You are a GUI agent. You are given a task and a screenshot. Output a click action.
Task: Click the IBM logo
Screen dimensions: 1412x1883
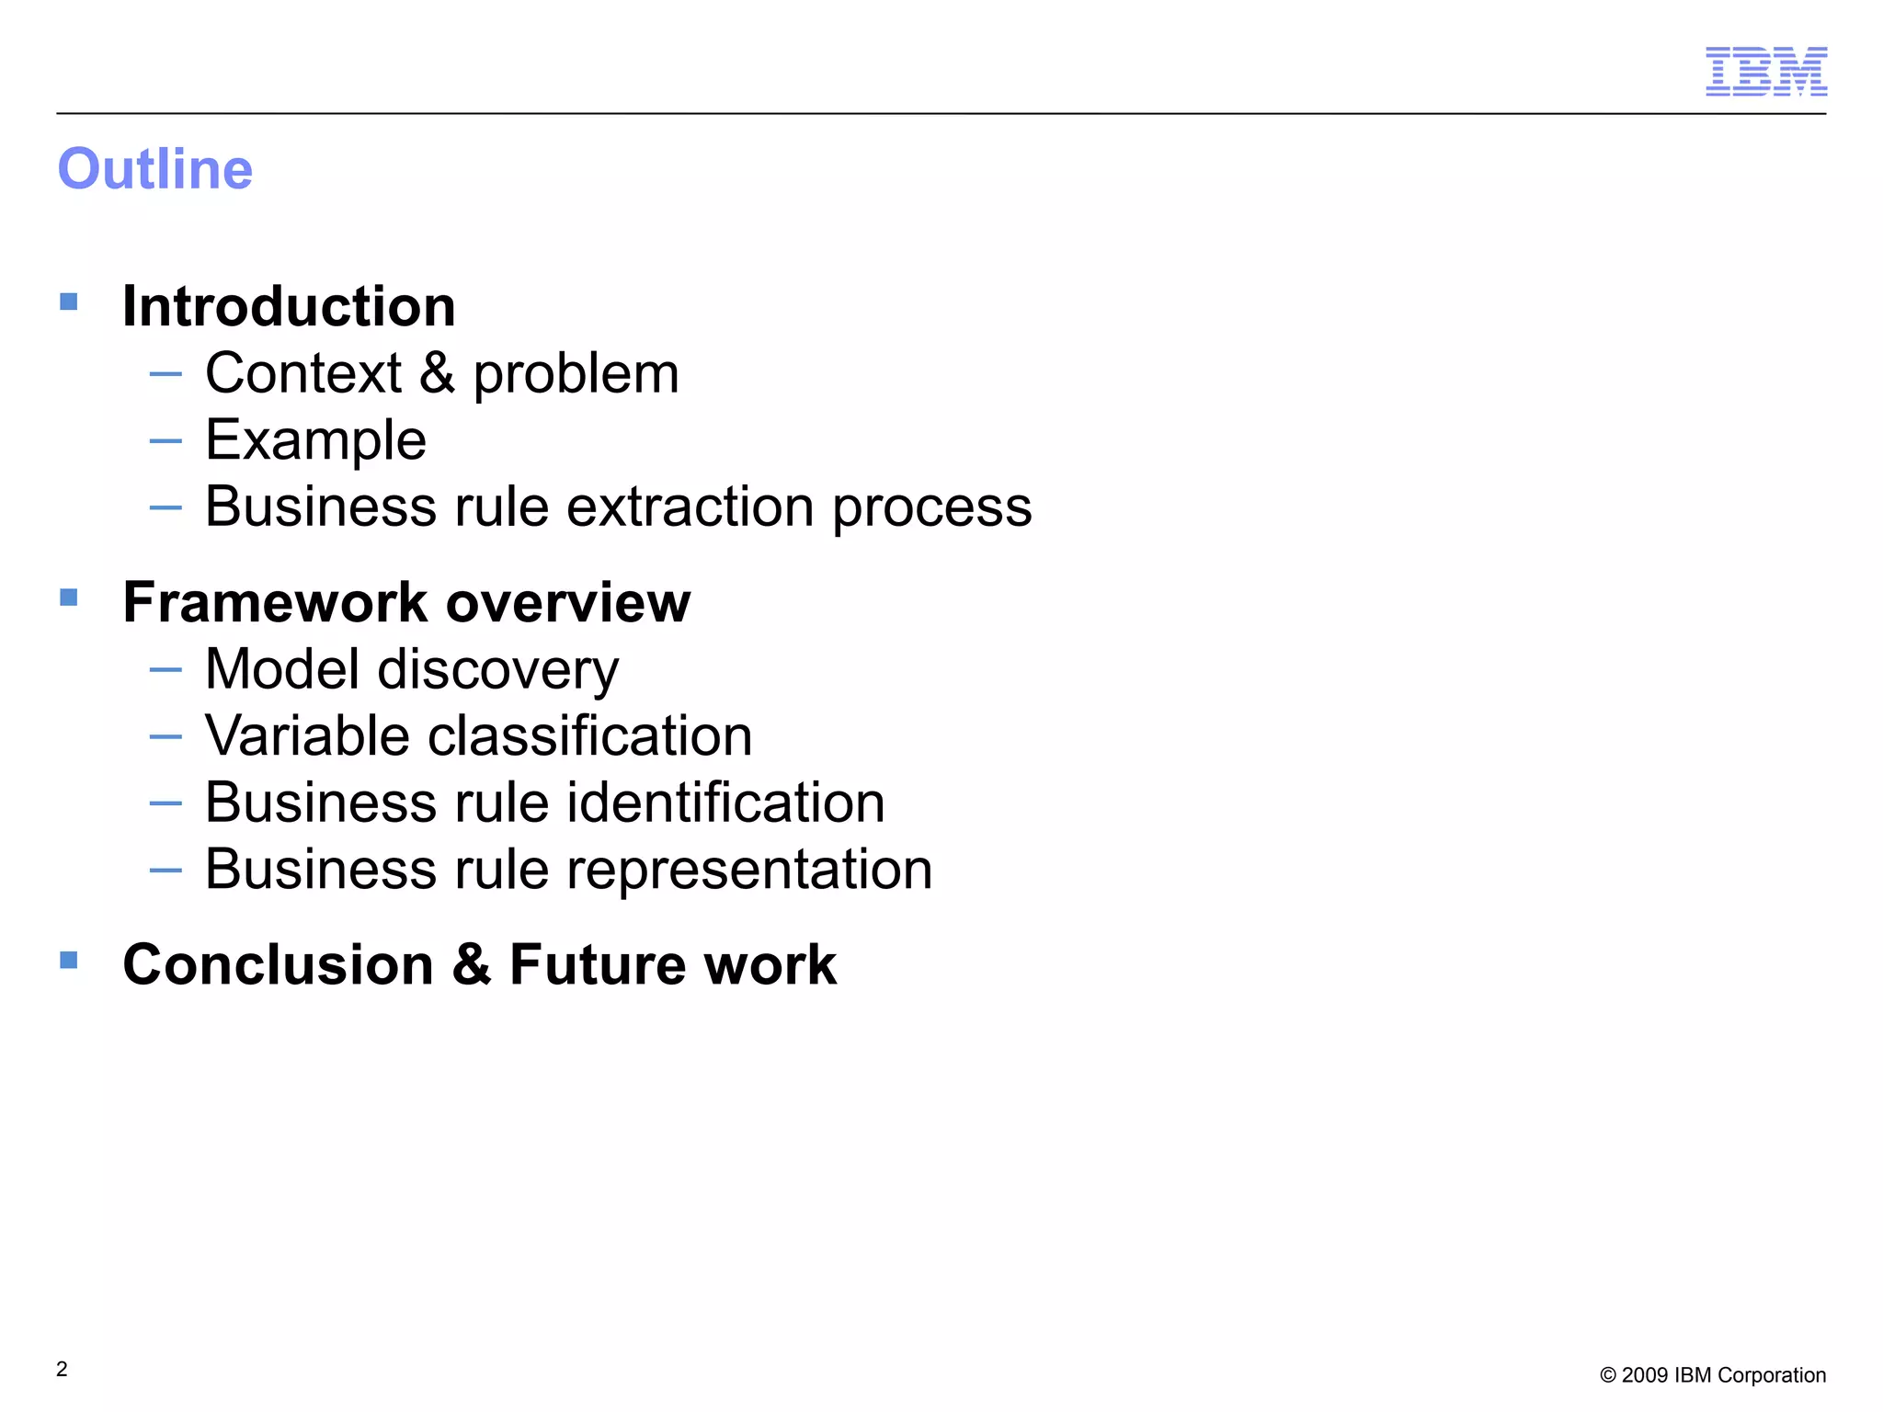tap(1765, 71)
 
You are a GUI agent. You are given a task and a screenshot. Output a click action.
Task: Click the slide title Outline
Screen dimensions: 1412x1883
tap(155, 169)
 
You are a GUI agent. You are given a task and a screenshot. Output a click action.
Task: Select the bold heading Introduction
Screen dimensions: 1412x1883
tap(289, 306)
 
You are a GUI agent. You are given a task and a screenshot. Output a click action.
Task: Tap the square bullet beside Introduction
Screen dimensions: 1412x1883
tap(69, 302)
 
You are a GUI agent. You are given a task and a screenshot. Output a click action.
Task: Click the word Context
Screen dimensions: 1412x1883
tap(303, 374)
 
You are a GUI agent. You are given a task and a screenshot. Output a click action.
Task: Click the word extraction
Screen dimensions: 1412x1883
tap(690, 507)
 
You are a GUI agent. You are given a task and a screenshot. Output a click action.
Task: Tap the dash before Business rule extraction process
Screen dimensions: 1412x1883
tap(165, 507)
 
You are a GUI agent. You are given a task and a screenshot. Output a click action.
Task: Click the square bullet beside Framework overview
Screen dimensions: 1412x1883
tap(69, 598)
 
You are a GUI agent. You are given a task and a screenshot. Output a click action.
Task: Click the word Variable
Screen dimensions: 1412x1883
tap(307, 736)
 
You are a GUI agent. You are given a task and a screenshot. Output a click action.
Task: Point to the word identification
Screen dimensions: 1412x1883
tap(725, 803)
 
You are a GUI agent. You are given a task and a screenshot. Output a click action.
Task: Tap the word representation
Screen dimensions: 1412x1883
tap(749, 870)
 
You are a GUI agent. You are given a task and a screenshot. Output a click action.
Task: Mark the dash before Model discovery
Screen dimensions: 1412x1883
tap(165, 669)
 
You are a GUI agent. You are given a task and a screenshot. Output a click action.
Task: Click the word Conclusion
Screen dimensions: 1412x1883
tap(278, 965)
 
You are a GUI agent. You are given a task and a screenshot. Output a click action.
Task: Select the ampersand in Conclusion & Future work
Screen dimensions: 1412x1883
tap(472, 965)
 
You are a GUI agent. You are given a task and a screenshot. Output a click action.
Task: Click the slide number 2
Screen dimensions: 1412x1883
tap(62, 1369)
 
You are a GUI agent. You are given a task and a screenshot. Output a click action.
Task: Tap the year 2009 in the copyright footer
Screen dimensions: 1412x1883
tap(1645, 1375)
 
